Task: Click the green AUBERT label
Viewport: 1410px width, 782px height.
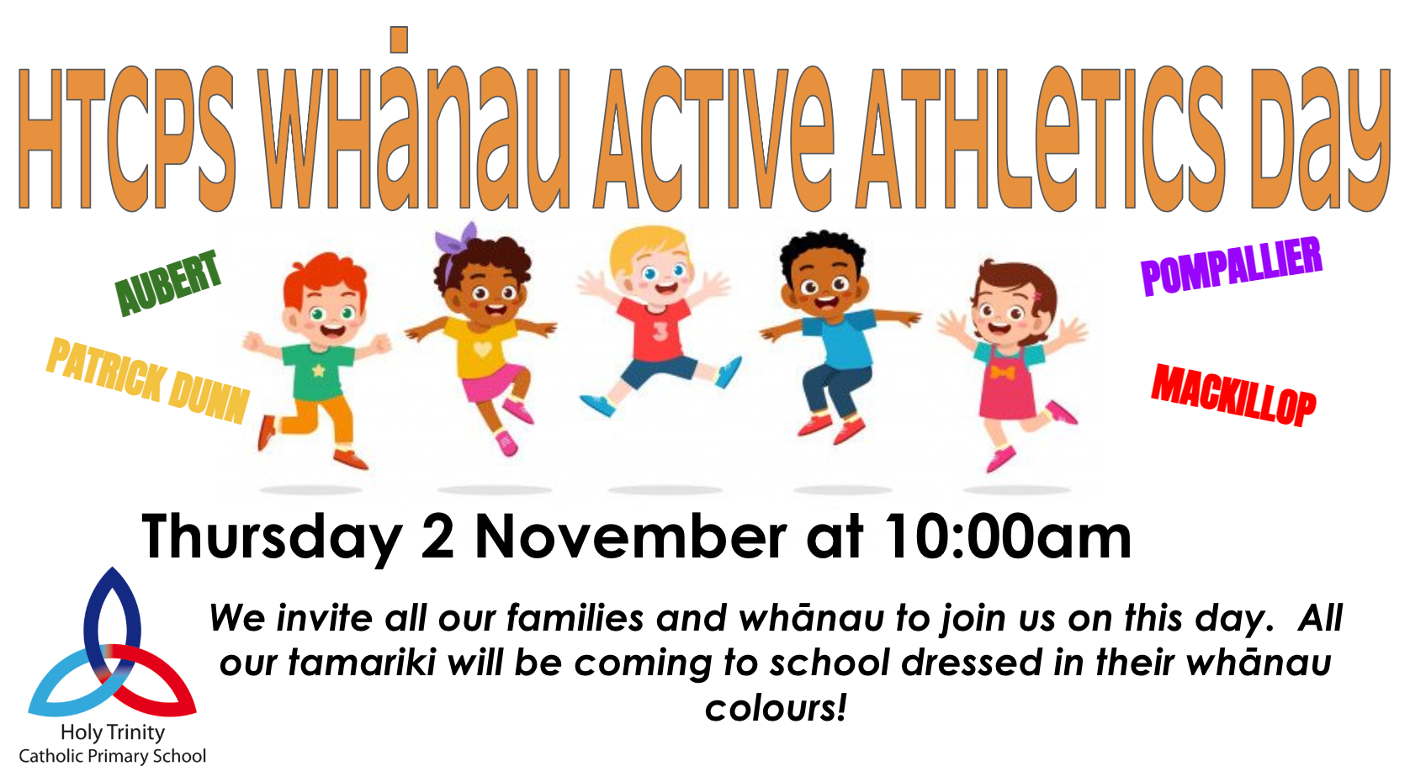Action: [x=168, y=283]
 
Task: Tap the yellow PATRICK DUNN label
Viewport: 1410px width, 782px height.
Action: [x=149, y=380]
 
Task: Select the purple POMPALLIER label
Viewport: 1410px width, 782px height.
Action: [x=1232, y=266]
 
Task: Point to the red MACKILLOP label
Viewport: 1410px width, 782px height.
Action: [x=1233, y=395]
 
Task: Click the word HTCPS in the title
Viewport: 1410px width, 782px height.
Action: [x=126, y=138]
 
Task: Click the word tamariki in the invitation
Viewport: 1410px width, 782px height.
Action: [x=362, y=663]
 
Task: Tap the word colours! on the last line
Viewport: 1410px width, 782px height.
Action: [x=776, y=708]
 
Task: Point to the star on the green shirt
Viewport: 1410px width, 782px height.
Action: [x=319, y=370]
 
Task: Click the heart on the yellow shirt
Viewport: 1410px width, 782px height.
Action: [x=482, y=348]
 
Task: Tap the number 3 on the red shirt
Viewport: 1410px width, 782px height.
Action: [x=659, y=331]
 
